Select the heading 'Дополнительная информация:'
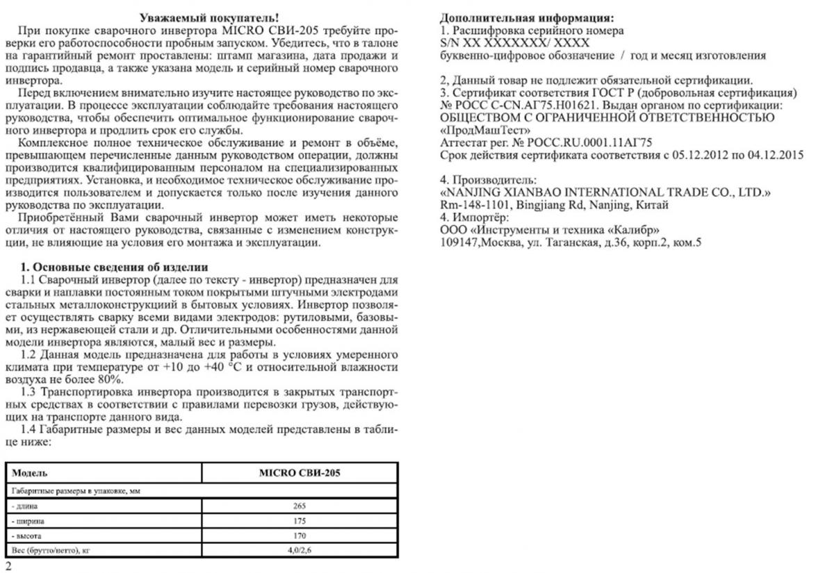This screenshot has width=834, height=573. [528, 18]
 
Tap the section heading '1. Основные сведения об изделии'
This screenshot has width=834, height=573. [115, 267]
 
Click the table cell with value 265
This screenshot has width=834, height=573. [300, 506]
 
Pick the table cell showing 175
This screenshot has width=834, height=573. [300, 521]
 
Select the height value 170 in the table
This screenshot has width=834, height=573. [300, 536]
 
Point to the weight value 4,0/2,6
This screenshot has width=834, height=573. [300, 551]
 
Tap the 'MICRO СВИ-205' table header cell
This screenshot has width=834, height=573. [300, 473]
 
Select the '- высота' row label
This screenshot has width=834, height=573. [27, 536]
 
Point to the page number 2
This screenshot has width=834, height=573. [8, 566]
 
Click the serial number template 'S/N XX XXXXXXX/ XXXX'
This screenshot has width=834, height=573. [515, 43]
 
